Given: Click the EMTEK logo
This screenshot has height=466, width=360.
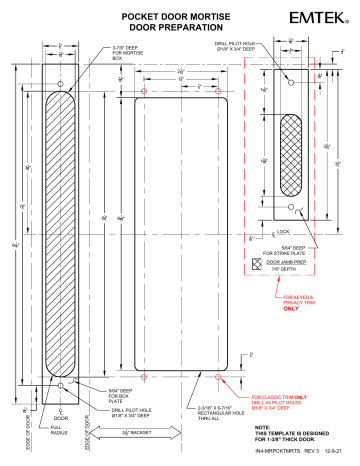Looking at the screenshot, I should tap(320, 19).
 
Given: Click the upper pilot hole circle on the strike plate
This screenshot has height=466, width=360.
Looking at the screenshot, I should tap(291, 78).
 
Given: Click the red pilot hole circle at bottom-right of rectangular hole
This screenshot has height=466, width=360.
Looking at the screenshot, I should tap(219, 378).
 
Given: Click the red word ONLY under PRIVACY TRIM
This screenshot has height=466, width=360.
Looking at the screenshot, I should tap(291, 309).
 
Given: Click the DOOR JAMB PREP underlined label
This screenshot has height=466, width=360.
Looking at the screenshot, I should tap(281, 261).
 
